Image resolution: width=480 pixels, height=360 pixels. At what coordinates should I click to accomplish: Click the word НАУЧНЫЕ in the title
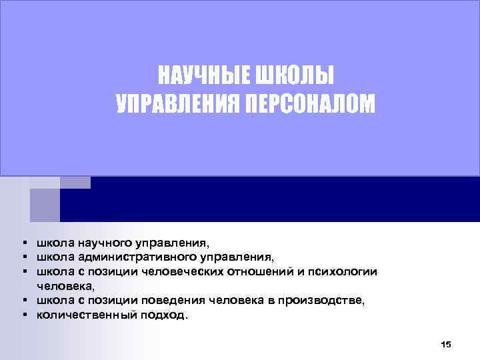(202, 76)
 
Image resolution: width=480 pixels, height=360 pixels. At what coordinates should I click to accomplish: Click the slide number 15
(446, 344)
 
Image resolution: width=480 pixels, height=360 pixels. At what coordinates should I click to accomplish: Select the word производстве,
(322, 300)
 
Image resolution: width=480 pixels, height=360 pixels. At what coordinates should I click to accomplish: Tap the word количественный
(87, 315)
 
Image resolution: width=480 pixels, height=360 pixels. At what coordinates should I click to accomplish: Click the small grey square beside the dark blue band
(44, 204)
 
